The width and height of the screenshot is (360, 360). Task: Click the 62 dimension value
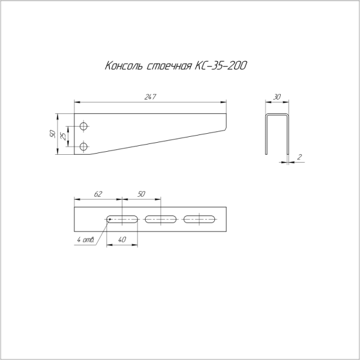(x=98, y=194)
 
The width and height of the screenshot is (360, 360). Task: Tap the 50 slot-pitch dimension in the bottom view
(x=142, y=194)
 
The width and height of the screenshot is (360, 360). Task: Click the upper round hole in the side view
(x=83, y=126)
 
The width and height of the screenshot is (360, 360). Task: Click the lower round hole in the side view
(x=83, y=145)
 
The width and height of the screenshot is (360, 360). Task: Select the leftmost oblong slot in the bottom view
(x=122, y=218)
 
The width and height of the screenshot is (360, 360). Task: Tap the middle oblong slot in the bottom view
(x=161, y=218)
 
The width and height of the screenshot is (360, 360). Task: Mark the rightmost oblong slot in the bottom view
(x=199, y=218)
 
